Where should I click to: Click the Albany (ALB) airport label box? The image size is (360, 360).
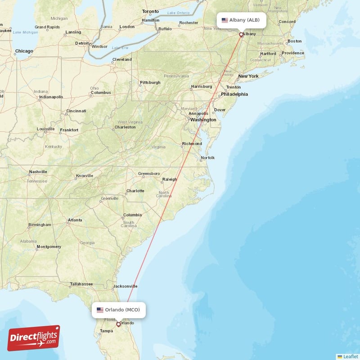[241, 20]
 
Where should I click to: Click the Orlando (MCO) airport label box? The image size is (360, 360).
[119, 310]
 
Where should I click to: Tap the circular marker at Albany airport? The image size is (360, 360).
[241, 34]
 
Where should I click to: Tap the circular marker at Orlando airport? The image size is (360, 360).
[119, 324]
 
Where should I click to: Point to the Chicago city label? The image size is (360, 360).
[24, 51]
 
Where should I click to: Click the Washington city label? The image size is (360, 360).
[203, 120]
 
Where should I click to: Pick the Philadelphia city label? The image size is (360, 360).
[234, 94]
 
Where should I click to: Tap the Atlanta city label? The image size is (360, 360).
[75, 220]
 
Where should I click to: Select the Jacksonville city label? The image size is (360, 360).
[125, 286]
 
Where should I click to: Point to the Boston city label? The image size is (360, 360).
[294, 41]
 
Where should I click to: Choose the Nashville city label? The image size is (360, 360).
[38, 172]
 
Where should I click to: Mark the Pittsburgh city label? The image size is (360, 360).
[150, 83]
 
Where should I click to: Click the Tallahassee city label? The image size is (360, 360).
[81, 284]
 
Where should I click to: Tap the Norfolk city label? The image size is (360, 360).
[207, 158]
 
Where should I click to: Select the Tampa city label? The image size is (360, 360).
[106, 331]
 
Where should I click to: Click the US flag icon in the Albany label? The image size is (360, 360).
[225, 20]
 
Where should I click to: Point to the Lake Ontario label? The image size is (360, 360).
[177, 13]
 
